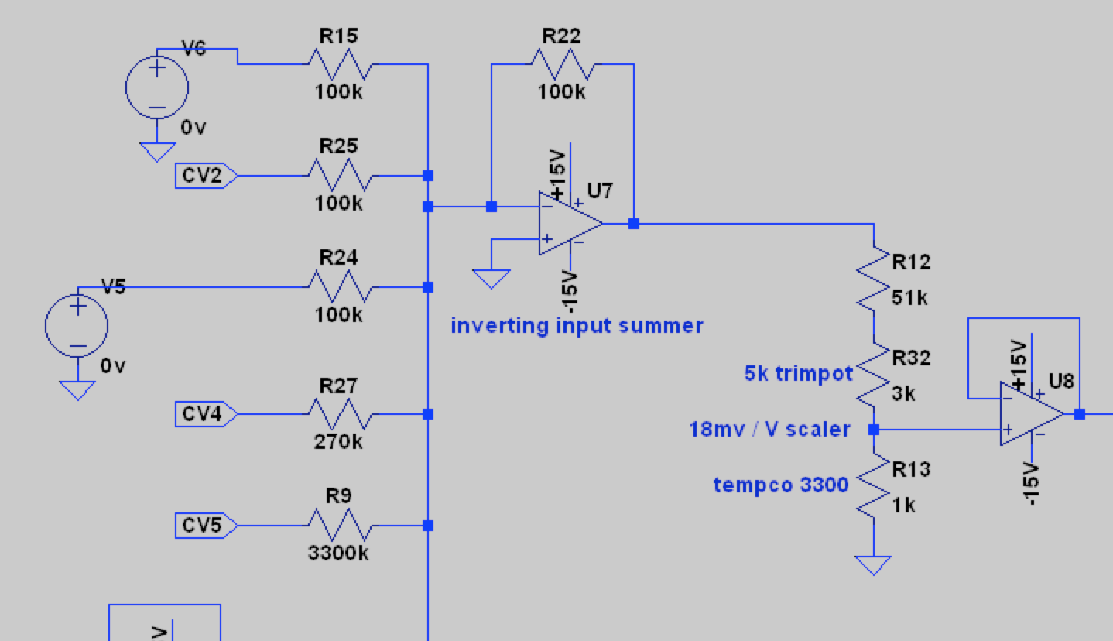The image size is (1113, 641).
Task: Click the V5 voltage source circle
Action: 77,325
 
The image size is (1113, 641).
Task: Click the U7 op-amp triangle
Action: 570,224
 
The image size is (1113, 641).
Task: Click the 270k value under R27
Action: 338,442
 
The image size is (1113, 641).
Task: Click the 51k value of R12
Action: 909,297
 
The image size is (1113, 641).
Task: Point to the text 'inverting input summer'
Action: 577,325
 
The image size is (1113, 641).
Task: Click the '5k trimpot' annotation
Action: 798,373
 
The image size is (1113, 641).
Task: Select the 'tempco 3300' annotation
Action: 781,485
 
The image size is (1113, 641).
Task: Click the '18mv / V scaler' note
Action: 770,429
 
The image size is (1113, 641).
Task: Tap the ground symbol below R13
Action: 874,566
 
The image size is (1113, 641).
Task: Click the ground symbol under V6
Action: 157,152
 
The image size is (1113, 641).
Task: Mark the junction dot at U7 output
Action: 634,224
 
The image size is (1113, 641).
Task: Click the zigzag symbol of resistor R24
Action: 341,287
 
